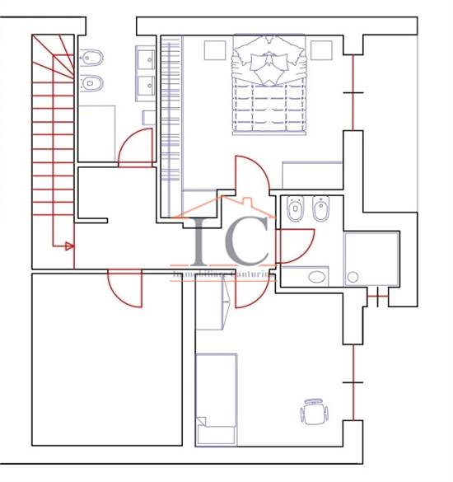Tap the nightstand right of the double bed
pos(321,49)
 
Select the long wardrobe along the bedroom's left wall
pos(170,124)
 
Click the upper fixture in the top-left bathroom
pos(91,58)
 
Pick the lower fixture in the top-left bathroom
pos(91,83)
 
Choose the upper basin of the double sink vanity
pos(146,58)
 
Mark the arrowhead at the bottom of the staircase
pos(69,246)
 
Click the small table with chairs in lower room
pos(314,411)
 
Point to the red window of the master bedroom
pos(353,92)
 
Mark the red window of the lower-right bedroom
pos(353,382)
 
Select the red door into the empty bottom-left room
pos(124,284)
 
